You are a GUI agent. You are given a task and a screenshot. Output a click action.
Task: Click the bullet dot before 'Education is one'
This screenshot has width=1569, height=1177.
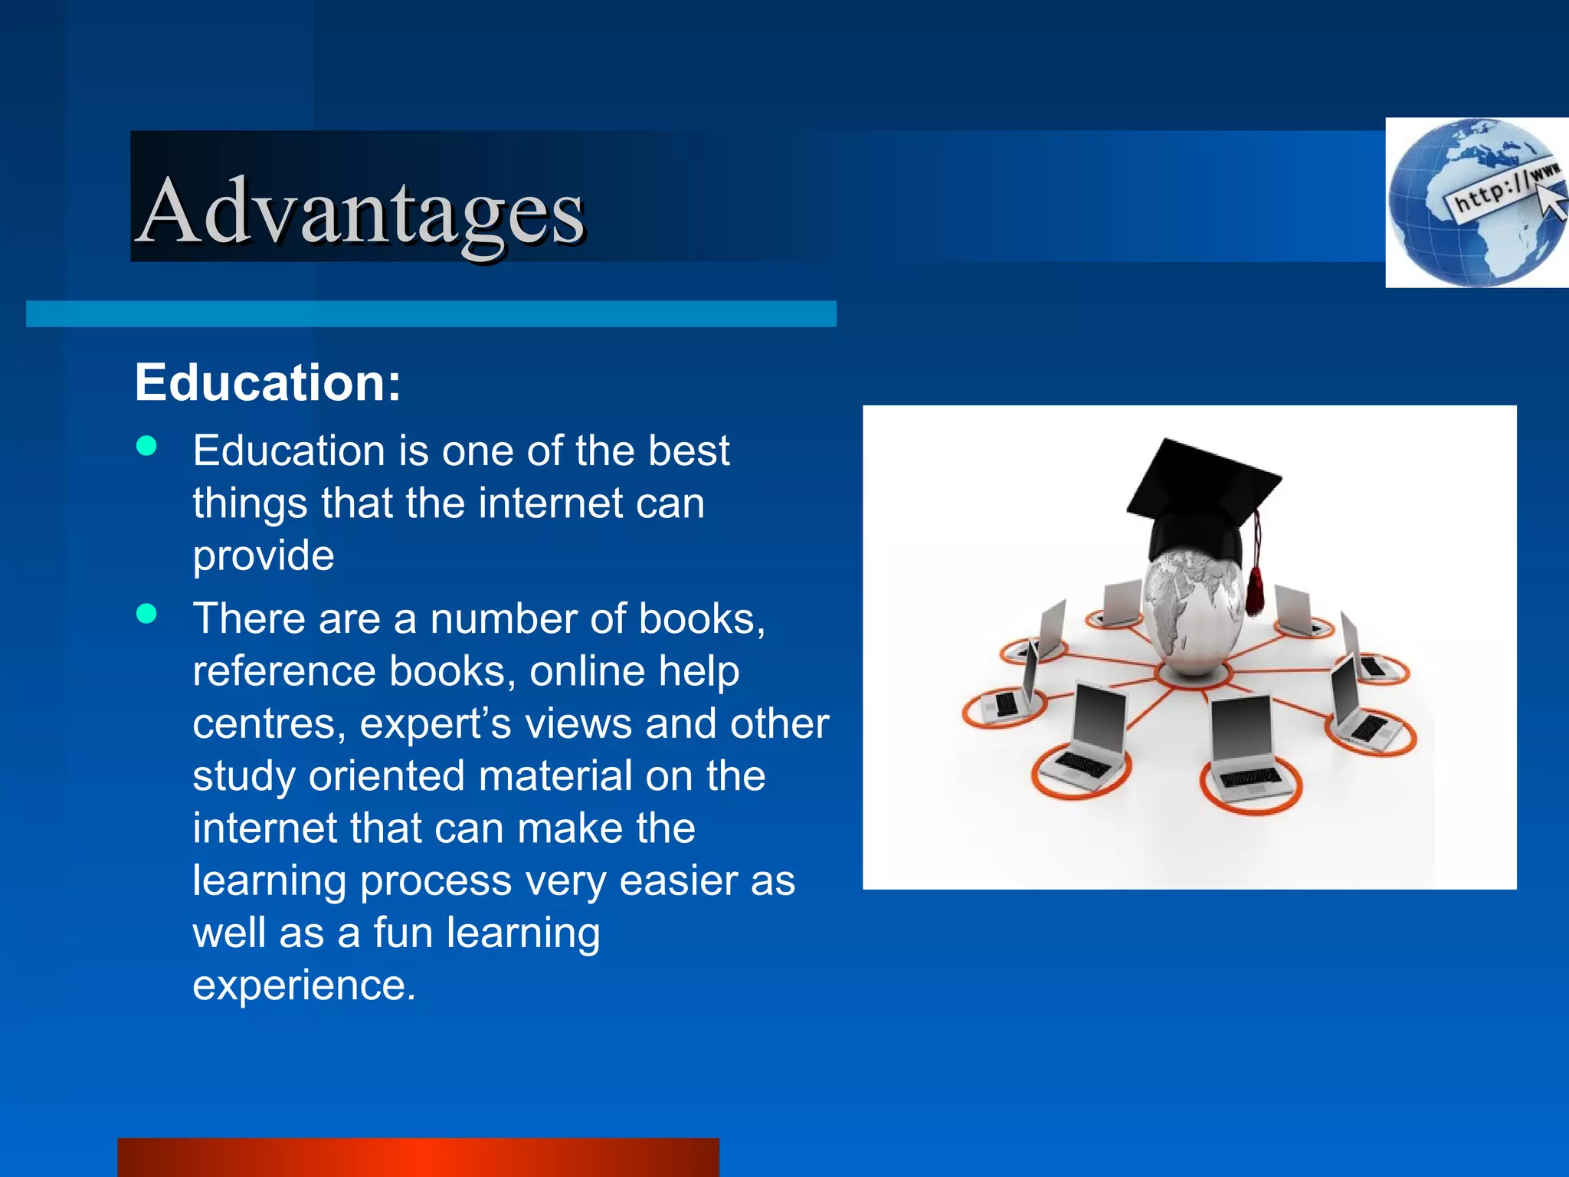coord(146,446)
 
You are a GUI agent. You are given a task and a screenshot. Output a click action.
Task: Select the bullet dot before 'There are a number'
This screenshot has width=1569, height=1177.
coord(146,613)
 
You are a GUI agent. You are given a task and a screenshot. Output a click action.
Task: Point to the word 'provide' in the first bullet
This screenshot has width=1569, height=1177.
coord(264,556)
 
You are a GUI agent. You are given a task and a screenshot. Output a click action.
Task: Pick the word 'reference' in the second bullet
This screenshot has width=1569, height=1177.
coord(284,671)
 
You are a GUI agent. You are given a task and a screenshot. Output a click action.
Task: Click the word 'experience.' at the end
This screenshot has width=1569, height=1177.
coord(304,985)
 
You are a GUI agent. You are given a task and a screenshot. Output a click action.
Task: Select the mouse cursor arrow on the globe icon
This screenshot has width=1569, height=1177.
coord(1552,203)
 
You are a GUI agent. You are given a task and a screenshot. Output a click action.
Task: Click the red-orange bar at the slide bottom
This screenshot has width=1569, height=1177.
coord(418,1157)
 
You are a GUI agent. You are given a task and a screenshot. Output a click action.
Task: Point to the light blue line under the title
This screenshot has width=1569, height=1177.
coord(431,314)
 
